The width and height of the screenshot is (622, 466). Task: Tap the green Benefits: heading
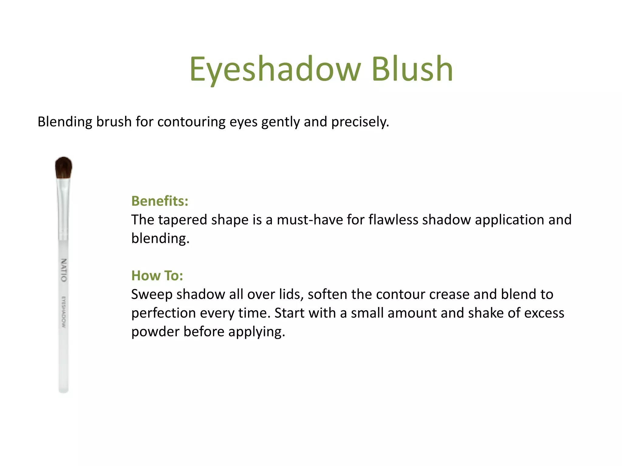pos(160,201)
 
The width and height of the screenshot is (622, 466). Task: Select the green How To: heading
pos(157,276)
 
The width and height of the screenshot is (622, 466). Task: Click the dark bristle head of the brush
pos(63,167)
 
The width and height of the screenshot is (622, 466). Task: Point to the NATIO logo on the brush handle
pos(64,270)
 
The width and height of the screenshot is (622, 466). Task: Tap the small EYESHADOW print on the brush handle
pos(63,312)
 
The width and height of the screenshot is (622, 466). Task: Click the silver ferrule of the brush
pos(63,209)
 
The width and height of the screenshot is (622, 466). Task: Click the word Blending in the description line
pos(65,122)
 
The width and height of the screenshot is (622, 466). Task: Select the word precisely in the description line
pos(360,122)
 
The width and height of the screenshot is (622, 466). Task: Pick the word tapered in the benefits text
pos(182,220)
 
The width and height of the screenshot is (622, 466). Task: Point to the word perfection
pos(163,313)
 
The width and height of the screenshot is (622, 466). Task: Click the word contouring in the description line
pos(191,122)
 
